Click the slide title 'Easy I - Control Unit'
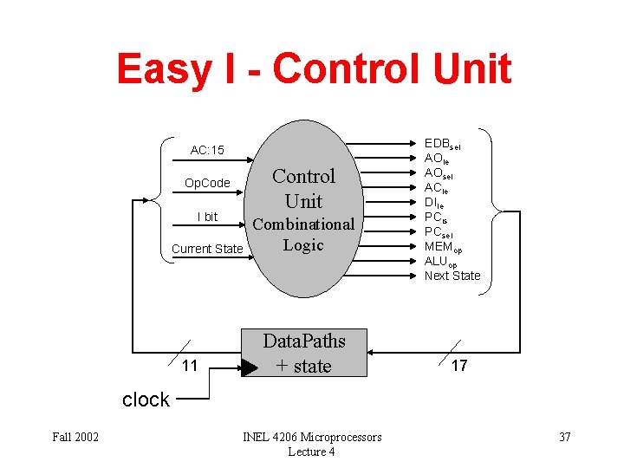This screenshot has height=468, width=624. pyautogui.click(x=314, y=69)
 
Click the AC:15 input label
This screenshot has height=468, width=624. pyautogui.click(x=207, y=150)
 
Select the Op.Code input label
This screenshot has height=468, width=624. pyautogui.click(x=207, y=183)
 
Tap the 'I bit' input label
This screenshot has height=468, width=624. pyautogui.click(x=207, y=216)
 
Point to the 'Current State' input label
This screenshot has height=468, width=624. pyautogui.click(x=207, y=249)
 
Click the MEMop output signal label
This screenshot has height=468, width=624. pyautogui.click(x=444, y=246)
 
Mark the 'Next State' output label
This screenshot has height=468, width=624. pyautogui.click(x=452, y=276)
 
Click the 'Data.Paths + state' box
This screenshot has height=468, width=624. pyautogui.click(x=303, y=354)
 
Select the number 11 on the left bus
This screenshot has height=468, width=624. pyautogui.click(x=190, y=366)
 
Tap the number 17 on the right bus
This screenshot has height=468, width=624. pyautogui.click(x=459, y=366)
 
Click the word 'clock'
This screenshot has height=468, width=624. pyautogui.click(x=146, y=400)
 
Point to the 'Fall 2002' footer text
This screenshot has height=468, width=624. pyautogui.click(x=74, y=437)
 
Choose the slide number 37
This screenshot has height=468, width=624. pyautogui.click(x=564, y=437)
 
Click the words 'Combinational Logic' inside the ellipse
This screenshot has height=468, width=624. pyautogui.click(x=303, y=234)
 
